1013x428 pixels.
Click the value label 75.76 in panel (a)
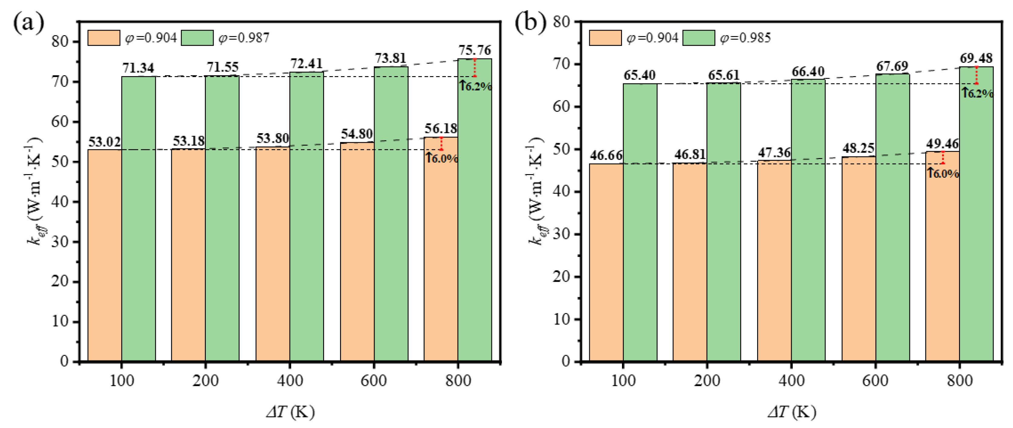click(x=475, y=50)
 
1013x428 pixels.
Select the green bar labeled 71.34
click(x=139, y=218)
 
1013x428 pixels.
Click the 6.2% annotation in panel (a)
click(x=476, y=86)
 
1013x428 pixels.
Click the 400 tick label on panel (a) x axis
click(x=290, y=380)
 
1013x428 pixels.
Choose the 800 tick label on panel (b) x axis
click(x=960, y=380)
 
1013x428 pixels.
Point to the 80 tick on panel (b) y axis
click(x=561, y=22)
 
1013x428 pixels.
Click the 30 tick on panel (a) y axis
click(x=60, y=241)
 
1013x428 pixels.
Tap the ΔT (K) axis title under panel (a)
click(x=290, y=412)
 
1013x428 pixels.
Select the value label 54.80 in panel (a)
click(x=357, y=134)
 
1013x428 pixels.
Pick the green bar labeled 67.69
click(x=892, y=217)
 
